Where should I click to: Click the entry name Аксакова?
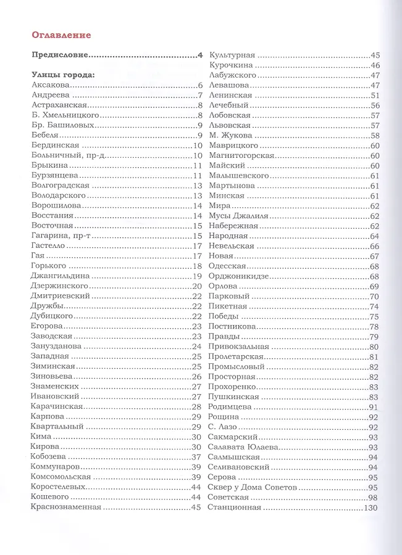tap(49, 86)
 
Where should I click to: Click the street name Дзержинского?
tap(59, 286)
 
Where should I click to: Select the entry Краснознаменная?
tap(65, 508)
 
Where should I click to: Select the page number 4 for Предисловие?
tap(200, 55)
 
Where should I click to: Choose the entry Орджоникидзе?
tap(241, 276)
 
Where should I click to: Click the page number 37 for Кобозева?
tap(197, 457)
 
